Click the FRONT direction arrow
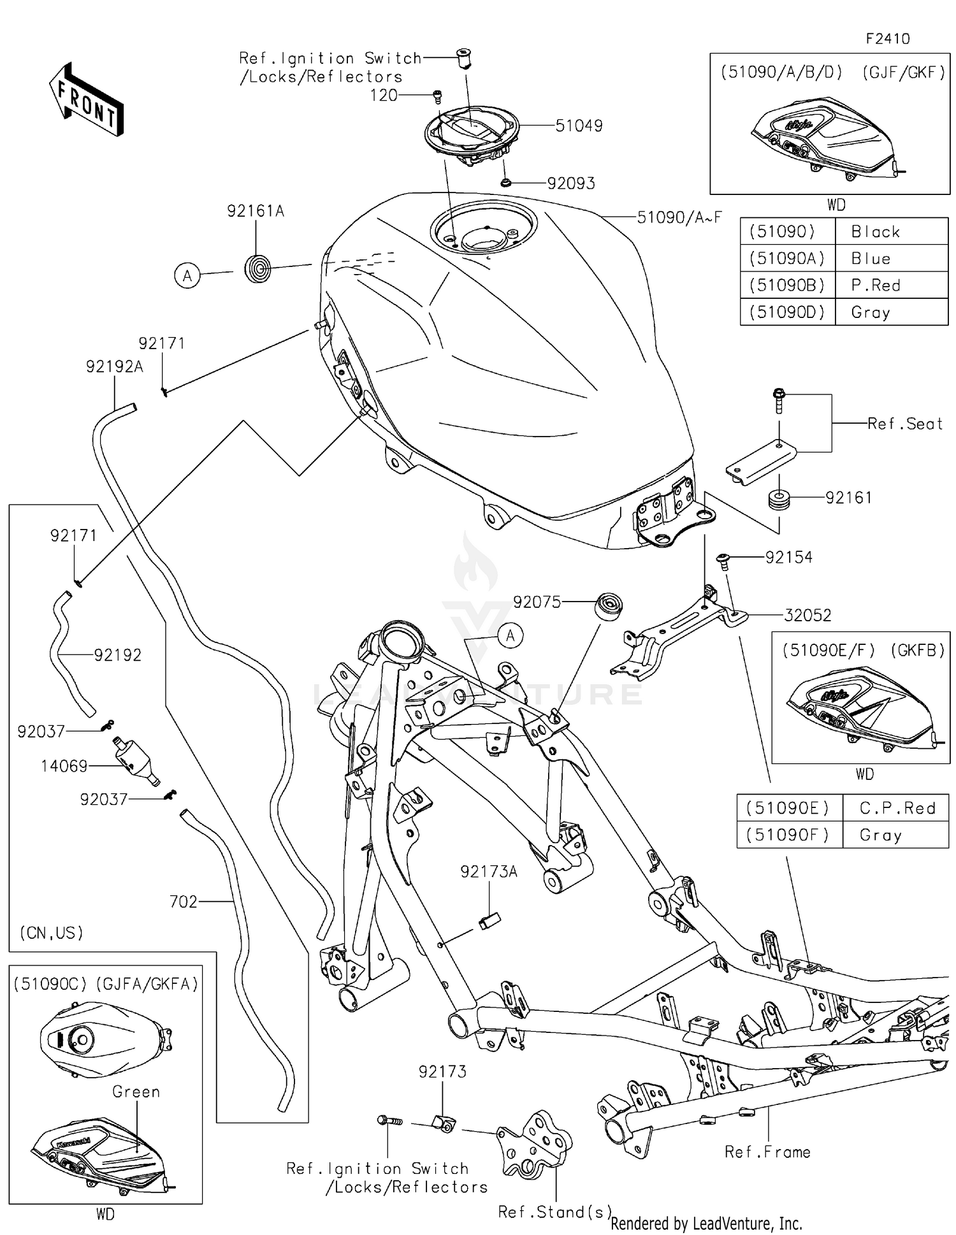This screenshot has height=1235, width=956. [86, 100]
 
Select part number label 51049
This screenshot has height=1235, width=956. [579, 126]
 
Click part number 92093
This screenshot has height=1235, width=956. [571, 184]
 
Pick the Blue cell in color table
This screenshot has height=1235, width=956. [871, 259]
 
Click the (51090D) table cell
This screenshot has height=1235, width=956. [786, 312]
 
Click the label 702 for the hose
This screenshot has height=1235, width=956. [183, 902]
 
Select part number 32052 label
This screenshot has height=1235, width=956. [808, 616]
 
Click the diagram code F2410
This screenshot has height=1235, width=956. [887, 39]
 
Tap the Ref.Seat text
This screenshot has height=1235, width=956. [904, 424]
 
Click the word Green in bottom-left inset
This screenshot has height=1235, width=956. [136, 1092]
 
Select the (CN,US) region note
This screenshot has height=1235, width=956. [52, 933]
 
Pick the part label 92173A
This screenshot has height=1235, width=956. [489, 872]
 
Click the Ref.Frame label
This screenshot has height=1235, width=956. [767, 1152]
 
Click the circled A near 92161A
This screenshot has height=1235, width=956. [187, 276]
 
